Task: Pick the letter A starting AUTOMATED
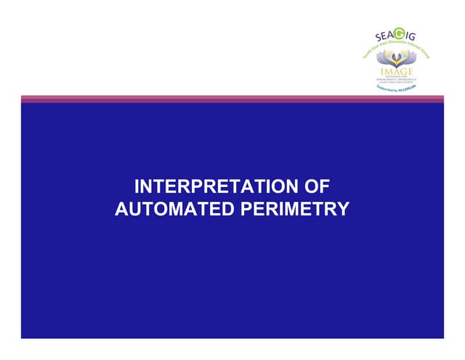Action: point(121,209)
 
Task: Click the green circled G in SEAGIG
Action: point(398,33)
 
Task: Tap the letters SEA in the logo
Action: point(384,36)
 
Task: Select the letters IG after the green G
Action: point(410,36)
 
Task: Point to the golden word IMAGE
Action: point(397,71)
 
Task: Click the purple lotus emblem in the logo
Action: point(397,57)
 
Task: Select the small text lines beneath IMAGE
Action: point(397,79)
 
